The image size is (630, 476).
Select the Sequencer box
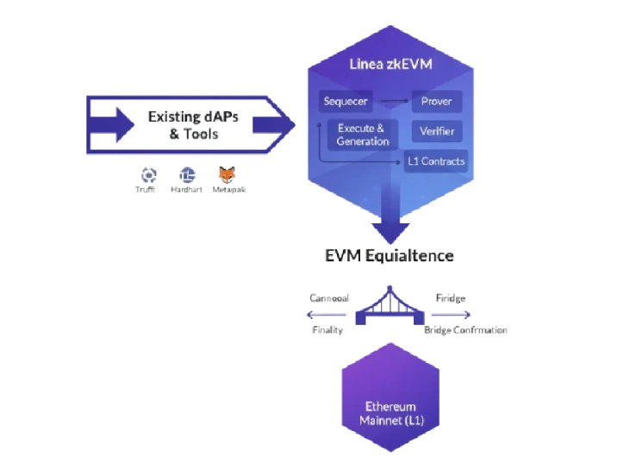[346, 102]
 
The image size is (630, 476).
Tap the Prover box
[436, 102]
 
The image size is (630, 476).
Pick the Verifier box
[436, 132]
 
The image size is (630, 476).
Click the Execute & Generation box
[363, 135]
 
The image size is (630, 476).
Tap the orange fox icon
[228, 175]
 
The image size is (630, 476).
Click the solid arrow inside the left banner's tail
[112, 125]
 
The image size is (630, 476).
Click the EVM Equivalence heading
[389, 257]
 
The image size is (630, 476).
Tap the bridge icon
[390, 310]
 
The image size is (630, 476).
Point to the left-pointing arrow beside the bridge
[327, 315]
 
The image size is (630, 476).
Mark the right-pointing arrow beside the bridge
[452, 315]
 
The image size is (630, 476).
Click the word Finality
[327, 330]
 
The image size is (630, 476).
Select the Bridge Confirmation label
[465, 330]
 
